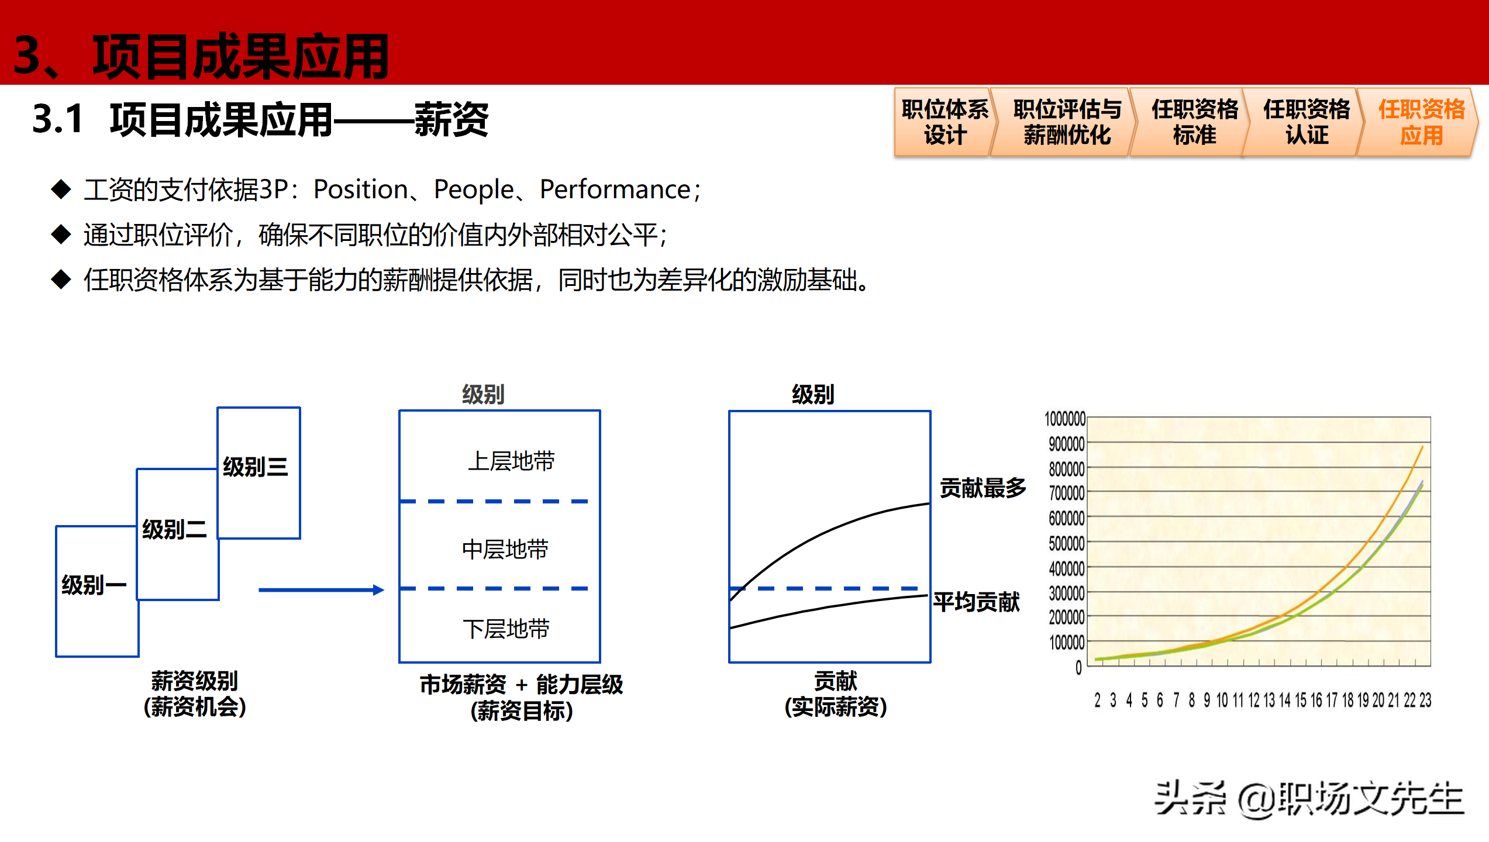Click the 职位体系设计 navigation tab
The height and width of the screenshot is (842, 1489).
[x=944, y=122]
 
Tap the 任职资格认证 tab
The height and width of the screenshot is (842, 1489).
[x=1306, y=122]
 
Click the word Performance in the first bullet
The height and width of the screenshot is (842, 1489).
[x=615, y=189]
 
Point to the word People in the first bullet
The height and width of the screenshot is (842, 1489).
[x=473, y=189]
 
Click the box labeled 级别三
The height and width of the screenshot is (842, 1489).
[x=258, y=468]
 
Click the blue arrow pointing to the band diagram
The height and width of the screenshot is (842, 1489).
[x=321, y=590]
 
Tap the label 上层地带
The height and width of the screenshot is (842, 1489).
[x=511, y=461]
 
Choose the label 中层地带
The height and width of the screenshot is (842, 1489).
[x=505, y=550]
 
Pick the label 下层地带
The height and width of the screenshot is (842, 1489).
[x=506, y=629]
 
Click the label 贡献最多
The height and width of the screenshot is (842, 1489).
[x=983, y=488]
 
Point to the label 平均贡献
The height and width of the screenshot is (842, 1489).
[x=976, y=602]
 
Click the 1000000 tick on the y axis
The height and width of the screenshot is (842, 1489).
[x=1064, y=419]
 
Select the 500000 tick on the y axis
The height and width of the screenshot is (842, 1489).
[x=1066, y=543]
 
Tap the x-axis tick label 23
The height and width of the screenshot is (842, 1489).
[x=1425, y=700]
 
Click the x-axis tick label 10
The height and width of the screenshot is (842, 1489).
[x=1222, y=700]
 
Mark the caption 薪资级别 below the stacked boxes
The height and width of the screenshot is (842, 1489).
[x=195, y=681]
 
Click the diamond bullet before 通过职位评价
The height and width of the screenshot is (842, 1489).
[x=61, y=235]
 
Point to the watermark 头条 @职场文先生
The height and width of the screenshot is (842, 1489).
[x=1309, y=799]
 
